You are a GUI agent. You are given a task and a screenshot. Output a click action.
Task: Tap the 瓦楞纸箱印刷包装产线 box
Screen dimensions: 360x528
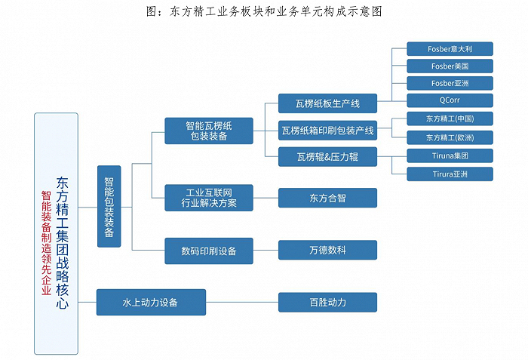[x=327, y=130]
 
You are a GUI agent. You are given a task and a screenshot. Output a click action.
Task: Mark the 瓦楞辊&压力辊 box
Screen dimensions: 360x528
[x=327, y=157]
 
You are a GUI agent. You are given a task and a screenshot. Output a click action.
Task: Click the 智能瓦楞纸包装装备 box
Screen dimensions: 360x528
[x=209, y=130]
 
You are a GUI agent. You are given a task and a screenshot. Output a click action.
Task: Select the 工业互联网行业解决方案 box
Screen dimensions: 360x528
[x=209, y=198]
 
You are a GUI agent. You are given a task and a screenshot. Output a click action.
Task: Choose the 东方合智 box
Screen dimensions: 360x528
[x=327, y=198]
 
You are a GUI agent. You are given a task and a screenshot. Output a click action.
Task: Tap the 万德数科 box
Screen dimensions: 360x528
[x=327, y=250]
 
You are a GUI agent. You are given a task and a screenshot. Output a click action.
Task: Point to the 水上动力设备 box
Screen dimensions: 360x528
[x=151, y=302]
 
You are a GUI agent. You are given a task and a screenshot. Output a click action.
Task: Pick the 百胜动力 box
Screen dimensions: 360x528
[x=327, y=302]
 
